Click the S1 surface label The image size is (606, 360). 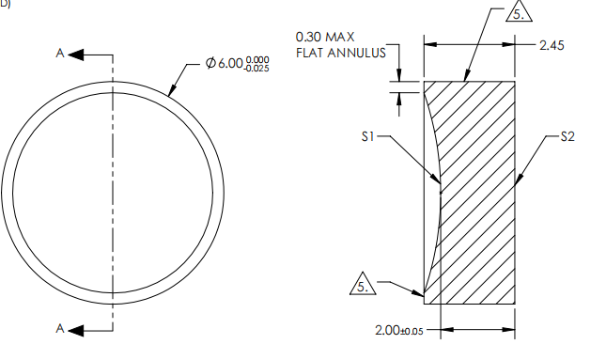coord(368,136)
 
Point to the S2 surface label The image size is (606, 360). coord(567,136)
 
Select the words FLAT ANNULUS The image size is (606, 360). coord(341,53)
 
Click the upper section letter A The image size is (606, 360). coord(60,55)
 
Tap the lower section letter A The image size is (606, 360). coord(60,328)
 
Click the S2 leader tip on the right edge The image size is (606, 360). coord(517,180)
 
